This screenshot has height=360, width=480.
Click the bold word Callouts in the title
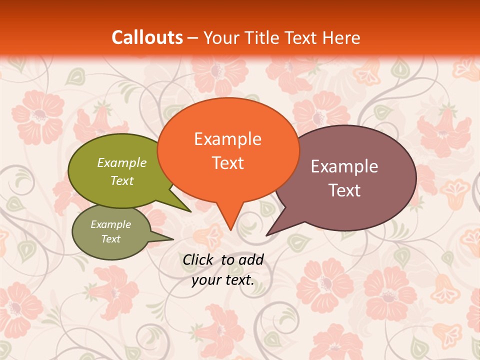pyautogui.click(x=147, y=37)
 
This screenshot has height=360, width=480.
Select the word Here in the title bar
pyautogui.click(x=341, y=37)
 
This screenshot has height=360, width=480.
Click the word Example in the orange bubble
pyautogui.click(x=227, y=139)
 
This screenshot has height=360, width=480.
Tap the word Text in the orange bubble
pyautogui.click(x=227, y=163)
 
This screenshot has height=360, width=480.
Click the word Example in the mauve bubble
pyautogui.click(x=344, y=166)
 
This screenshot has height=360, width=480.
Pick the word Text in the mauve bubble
pyautogui.click(x=344, y=190)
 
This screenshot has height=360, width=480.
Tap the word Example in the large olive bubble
pyautogui.click(x=122, y=162)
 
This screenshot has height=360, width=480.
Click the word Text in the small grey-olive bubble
pyautogui.click(x=111, y=239)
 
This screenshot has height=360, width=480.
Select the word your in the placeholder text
pyautogui.click(x=205, y=280)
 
